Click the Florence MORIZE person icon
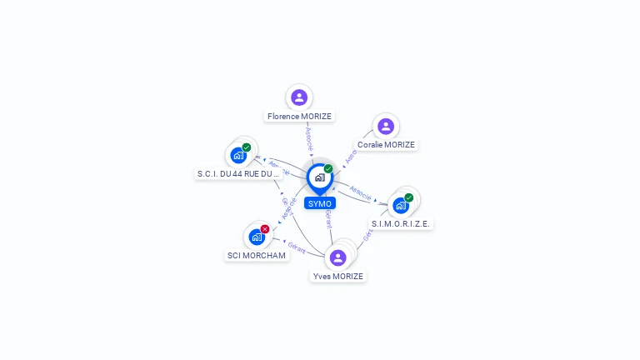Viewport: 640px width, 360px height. [299, 97]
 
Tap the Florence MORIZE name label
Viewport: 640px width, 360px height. [299, 117]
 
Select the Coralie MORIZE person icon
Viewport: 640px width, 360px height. [385, 126]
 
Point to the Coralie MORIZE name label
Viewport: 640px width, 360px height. [386, 144]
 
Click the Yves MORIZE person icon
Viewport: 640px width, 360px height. [337, 257]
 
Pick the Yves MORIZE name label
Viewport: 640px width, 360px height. [337, 276]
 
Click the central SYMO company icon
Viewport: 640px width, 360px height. [319, 177]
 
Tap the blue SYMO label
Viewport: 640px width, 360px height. [319, 203]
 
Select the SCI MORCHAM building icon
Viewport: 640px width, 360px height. [257, 237]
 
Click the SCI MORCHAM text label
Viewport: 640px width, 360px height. [257, 255]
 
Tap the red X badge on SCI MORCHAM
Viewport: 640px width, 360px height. [265, 229]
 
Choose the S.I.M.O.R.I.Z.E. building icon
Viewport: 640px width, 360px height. [400, 205]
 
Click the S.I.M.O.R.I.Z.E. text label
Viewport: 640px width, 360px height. [402, 223]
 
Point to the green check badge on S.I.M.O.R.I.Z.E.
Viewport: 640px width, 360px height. [408, 197]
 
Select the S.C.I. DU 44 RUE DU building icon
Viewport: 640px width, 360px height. [238, 155]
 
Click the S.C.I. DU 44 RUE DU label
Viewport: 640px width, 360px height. [238, 173]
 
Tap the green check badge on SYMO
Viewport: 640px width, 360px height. [328, 168]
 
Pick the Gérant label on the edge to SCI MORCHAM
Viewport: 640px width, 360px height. [296, 247]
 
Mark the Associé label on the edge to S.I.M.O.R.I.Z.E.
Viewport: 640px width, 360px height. [360, 192]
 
